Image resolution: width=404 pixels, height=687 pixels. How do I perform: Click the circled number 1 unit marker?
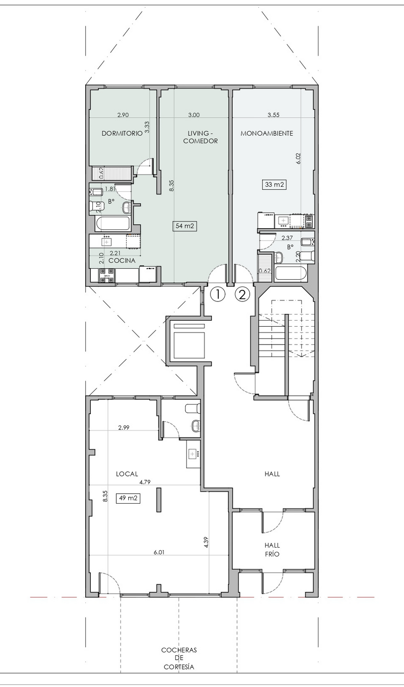[218, 294]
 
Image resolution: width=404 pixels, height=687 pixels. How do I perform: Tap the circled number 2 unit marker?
[242, 294]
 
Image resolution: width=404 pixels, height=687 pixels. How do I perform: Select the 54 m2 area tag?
[185, 226]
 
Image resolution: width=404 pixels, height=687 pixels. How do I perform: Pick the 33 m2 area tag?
[274, 185]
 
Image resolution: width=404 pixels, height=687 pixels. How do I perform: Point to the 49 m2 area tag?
[128, 498]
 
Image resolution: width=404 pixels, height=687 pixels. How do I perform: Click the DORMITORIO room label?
[122, 133]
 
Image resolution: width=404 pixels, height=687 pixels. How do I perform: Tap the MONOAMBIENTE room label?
[267, 133]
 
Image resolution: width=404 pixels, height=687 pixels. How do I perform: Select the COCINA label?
[122, 261]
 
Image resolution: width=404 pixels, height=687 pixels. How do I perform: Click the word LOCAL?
[127, 474]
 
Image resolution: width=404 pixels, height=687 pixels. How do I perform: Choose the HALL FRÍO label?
[272, 550]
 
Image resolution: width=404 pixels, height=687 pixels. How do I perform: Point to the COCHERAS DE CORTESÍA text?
[179, 658]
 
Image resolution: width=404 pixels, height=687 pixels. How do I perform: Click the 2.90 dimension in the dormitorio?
[123, 115]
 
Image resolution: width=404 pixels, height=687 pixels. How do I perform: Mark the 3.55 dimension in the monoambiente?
[274, 115]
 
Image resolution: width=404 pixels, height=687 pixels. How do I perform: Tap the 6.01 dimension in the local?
[159, 552]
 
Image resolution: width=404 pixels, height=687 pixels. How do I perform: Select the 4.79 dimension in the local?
[145, 482]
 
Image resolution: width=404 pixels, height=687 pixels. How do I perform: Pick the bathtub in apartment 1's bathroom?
[113, 224]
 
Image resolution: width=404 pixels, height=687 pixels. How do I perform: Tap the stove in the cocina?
[107, 275]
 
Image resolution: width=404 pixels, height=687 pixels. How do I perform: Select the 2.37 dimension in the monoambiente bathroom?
[287, 238]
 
